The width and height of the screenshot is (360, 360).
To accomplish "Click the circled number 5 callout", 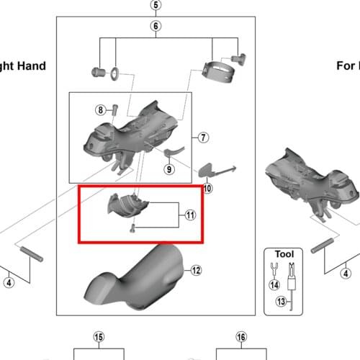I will coord(155,6).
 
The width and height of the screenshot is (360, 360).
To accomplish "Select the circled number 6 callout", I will coord(155,27).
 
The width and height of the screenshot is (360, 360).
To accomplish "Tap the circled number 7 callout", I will coord(203,137).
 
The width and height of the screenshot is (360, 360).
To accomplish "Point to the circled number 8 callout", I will coord(102,109).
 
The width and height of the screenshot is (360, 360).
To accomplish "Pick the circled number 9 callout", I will coord(168,169).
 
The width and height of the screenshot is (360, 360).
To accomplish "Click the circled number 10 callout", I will coord(207,189).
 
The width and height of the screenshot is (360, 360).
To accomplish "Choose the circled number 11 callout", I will coord(190,215).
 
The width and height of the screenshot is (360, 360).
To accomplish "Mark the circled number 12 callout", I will coord(195,271).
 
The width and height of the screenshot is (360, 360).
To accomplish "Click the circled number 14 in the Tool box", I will coord(274,284).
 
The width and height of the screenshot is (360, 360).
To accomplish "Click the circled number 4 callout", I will coord(9,282).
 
